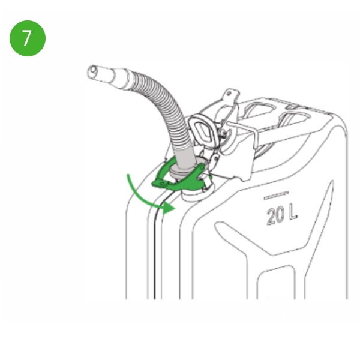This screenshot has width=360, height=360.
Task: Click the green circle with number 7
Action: [x=28, y=38]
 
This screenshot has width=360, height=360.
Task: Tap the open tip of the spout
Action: [x=92, y=71]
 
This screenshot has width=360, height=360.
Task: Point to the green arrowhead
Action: [x=169, y=208]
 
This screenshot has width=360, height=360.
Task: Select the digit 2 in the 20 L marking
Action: [x=272, y=217]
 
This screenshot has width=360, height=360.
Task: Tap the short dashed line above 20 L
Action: [x=276, y=195]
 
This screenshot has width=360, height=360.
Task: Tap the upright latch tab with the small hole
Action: [x=230, y=96]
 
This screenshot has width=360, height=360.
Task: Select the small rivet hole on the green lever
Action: [x=163, y=184]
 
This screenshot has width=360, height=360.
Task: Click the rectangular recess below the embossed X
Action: [x=275, y=283]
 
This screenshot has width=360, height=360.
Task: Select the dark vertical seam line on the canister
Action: [x=155, y=250]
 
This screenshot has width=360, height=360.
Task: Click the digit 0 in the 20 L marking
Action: [x=281, y=214]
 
